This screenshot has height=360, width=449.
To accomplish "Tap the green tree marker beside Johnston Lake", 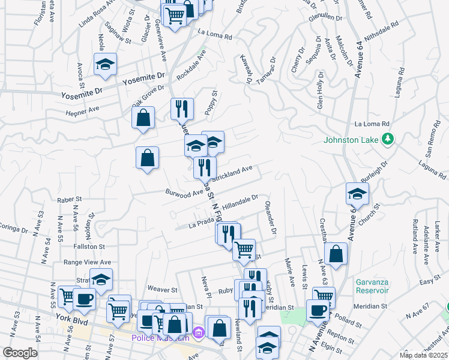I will (x=388, y=139).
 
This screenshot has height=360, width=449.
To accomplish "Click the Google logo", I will (x=20, y=353).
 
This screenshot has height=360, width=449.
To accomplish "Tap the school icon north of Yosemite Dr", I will (x=105, y=65).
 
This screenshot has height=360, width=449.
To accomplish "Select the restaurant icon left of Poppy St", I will (x=182, y=109).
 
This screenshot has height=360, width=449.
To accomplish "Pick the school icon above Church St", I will (x=357, y=194).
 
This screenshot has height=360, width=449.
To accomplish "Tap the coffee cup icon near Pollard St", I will (x=318, y=310).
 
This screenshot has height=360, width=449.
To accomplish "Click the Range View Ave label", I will (x=88, y=262).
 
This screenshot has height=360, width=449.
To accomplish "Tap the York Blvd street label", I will (x=72, y=319).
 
